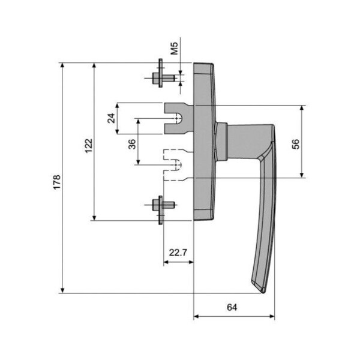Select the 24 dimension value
click(111, 118)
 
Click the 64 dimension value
click(233, 307)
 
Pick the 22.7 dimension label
click(177, 252)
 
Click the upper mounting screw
click(161, 77)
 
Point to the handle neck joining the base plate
click(221, 142)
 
